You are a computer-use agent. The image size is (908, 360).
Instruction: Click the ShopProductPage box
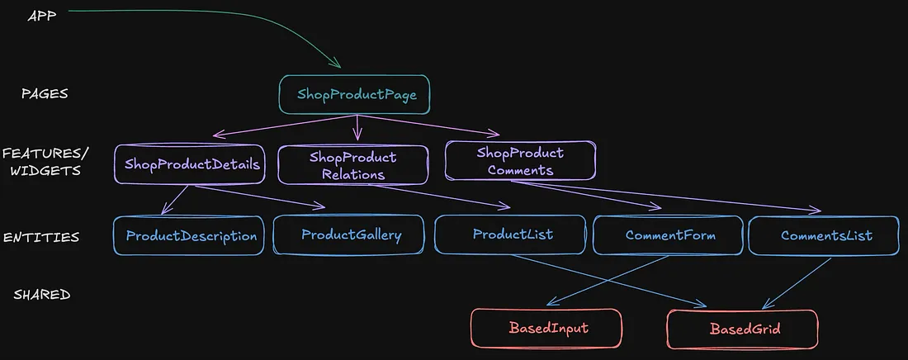[x=356, y=95]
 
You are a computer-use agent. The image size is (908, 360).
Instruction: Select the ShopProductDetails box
[x=192, y=165]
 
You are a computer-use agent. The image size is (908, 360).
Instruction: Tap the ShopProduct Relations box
[x=352, y=165]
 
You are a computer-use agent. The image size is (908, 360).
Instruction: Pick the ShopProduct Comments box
[x=520, y=161]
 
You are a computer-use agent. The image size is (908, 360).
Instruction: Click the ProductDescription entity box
[x=191, y=236]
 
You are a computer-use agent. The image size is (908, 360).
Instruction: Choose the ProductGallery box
[x=351, y=235]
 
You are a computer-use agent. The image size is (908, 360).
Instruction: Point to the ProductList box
[x=512, y=234]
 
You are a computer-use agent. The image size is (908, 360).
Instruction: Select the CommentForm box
[x=669, y=235]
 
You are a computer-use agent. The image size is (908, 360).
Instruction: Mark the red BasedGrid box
[x=742, y=329]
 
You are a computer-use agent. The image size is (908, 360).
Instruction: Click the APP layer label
[x=41, y=16]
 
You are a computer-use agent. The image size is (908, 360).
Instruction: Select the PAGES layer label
[x=45, y=94]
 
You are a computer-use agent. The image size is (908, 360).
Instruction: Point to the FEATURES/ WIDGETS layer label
[x=45, y=162]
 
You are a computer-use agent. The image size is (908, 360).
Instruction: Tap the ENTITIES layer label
[x=41, y=238]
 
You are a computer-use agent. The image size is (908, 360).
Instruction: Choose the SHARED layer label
[x=41, y=295]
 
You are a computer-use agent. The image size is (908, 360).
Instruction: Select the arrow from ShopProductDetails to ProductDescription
[x=176, y=201]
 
